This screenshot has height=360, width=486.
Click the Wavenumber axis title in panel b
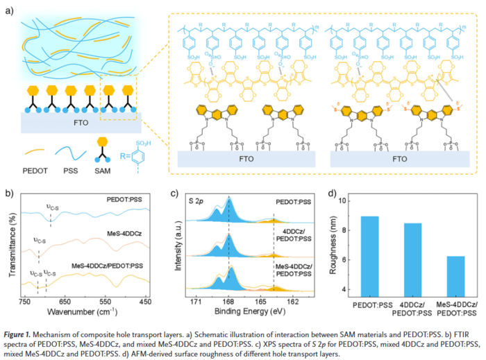(x=87, y=311)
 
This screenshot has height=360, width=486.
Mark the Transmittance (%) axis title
(x=10, y=246)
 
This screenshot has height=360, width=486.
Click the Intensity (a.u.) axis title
(x=179, y=246)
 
